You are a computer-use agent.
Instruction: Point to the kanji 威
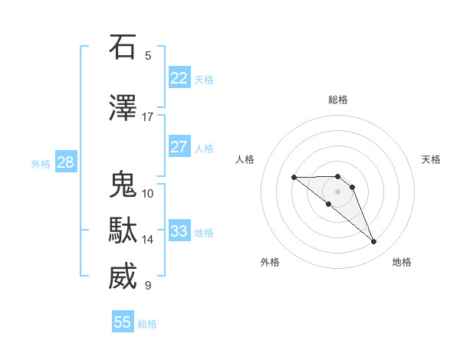123,277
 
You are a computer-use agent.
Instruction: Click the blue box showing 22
179,78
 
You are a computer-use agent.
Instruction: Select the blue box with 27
179,147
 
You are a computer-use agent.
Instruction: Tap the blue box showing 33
179,231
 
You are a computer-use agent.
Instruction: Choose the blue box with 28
65,162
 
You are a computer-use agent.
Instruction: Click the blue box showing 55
123,322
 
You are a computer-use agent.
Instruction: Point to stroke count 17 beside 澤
147,117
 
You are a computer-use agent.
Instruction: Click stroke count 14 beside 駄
147,240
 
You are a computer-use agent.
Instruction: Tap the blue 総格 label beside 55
147,324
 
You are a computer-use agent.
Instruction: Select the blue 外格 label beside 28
41,164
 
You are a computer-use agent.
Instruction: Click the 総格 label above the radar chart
337,100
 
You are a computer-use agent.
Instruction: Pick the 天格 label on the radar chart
432,159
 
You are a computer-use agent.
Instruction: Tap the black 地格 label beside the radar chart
402,262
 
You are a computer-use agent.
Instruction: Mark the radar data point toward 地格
373,242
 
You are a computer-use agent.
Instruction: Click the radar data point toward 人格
294,177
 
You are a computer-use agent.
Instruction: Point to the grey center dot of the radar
337,191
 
